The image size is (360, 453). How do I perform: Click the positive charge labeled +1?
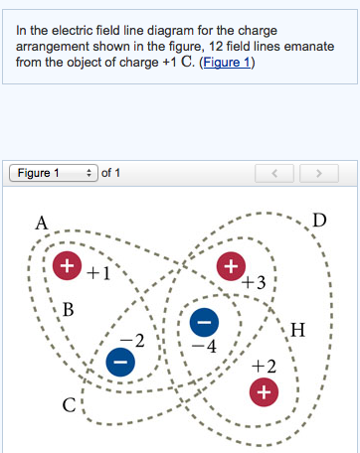[68, 265]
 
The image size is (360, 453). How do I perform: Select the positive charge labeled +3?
[231, 265]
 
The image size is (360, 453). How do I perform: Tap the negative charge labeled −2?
[119, 364]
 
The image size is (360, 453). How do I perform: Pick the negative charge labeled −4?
[203, 323]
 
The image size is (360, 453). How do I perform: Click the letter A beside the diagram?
[42, 223]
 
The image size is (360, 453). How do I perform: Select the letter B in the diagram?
[69, 308]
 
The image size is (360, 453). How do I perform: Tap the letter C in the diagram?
[69, 405]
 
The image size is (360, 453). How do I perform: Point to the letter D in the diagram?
[317, 219]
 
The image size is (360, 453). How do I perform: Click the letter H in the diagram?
[297, 329]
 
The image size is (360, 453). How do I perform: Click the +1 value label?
[97, 271]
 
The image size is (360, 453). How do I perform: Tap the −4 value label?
[205, 347]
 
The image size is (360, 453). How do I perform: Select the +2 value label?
[264, 367]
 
